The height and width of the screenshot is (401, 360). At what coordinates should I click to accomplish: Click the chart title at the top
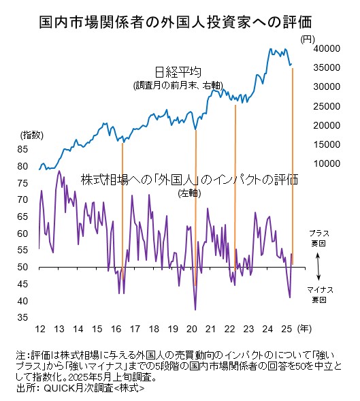pyautogui.click(x=176, y=22)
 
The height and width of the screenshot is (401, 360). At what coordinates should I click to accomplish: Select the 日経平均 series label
pyautogui.click(x=178, y=72)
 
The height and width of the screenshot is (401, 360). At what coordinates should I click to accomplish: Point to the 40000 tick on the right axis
pyautogui.click(x=327, y=48)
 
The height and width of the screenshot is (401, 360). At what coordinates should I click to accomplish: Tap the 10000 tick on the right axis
pyautogui.click(x=327, y=163)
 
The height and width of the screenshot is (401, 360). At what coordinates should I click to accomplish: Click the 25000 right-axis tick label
pyautogui.click(x=327, y=106)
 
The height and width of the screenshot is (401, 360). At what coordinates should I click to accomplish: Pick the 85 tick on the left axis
pyautogui.click(x=22, y=149)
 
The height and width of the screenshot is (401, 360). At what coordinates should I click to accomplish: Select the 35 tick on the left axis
pyautogui.click(x=22, y=317)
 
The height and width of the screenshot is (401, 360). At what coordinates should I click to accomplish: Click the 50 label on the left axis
pyautogui.click(x=22, y=267)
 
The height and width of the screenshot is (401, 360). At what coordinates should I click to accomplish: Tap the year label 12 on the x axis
pyautogui.click(x=40, y=329)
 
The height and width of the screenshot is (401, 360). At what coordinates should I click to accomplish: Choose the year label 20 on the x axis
pyautogui.click(x=192, y=329)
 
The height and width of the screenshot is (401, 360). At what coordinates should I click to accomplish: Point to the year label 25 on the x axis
pyautogui.click(x=287, y=329)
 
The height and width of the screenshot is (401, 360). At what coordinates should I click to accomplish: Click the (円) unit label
pyautogui.click(x=308, y=39)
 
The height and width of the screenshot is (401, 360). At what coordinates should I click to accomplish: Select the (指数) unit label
pyautogui.click(x=32, y=135)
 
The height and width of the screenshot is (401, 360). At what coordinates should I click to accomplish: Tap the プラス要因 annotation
pyautogui.click(x=319, y=238)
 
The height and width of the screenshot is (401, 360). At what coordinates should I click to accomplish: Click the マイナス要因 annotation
pyautogui.click(x=320, y=295)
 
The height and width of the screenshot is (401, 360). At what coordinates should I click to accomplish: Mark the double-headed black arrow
pyautogui.click(x=318, y=267)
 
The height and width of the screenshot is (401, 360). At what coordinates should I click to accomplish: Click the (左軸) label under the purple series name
pyautogui.click(x=189, y=193)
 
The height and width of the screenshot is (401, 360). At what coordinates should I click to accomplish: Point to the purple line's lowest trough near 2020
pyautogui.click(x=195, y=310)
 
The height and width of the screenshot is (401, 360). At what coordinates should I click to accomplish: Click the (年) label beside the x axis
pyautogui.click(x=304, y=329)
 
